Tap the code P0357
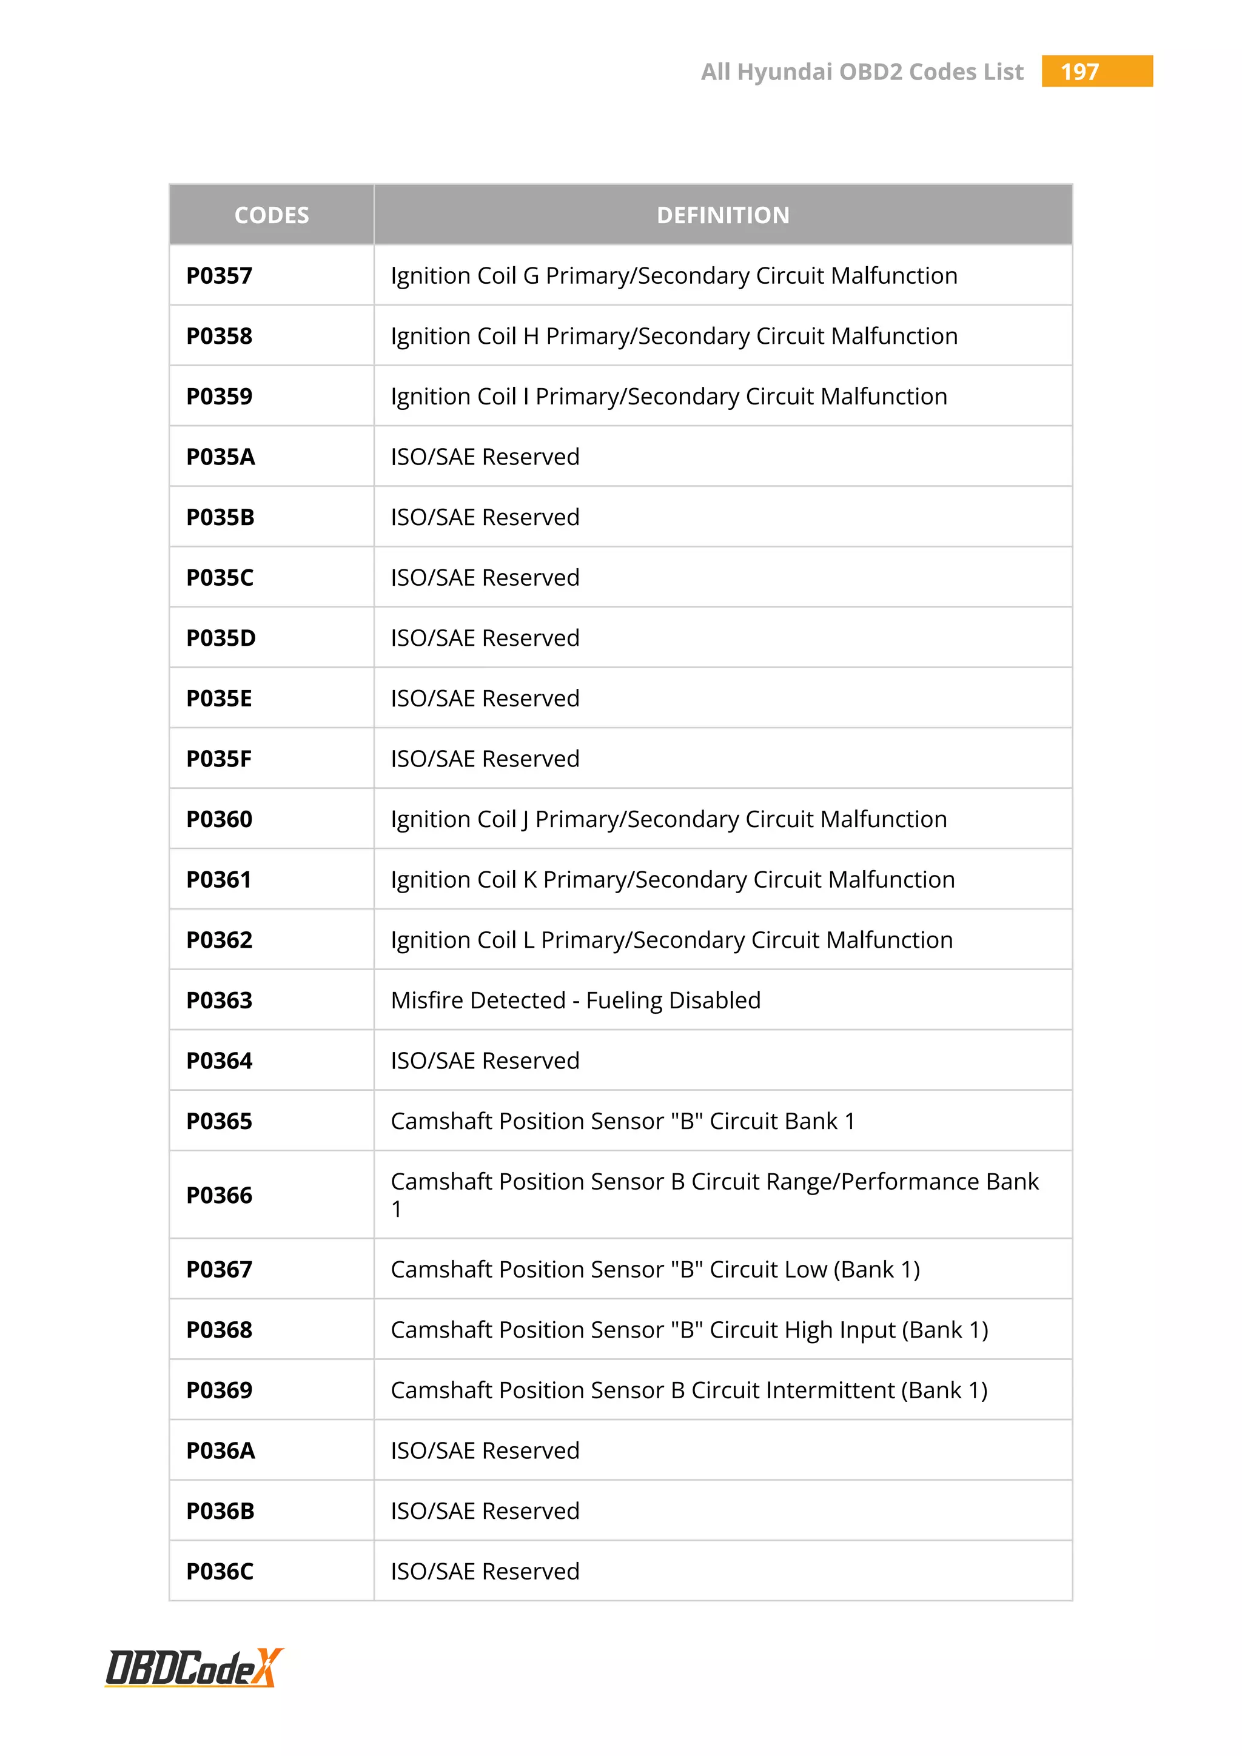tap(220, 276)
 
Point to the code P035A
tap(220, 457)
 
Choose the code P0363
tap(220, 1000)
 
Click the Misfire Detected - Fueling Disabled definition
tap(575, 1000)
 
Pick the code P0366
tap(220, 1195)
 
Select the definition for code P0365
tap(623, 1121)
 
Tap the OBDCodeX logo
tap(193, 1668)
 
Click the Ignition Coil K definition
tap(672, 880)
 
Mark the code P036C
tap(220, 1572)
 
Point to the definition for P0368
tap(689, 1330)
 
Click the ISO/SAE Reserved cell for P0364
tap(485, 1061)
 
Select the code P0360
tap(220, 819)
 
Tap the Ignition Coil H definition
tap(674, 337)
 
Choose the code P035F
tap(219, 759)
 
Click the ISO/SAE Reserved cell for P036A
tap(485, 1451)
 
